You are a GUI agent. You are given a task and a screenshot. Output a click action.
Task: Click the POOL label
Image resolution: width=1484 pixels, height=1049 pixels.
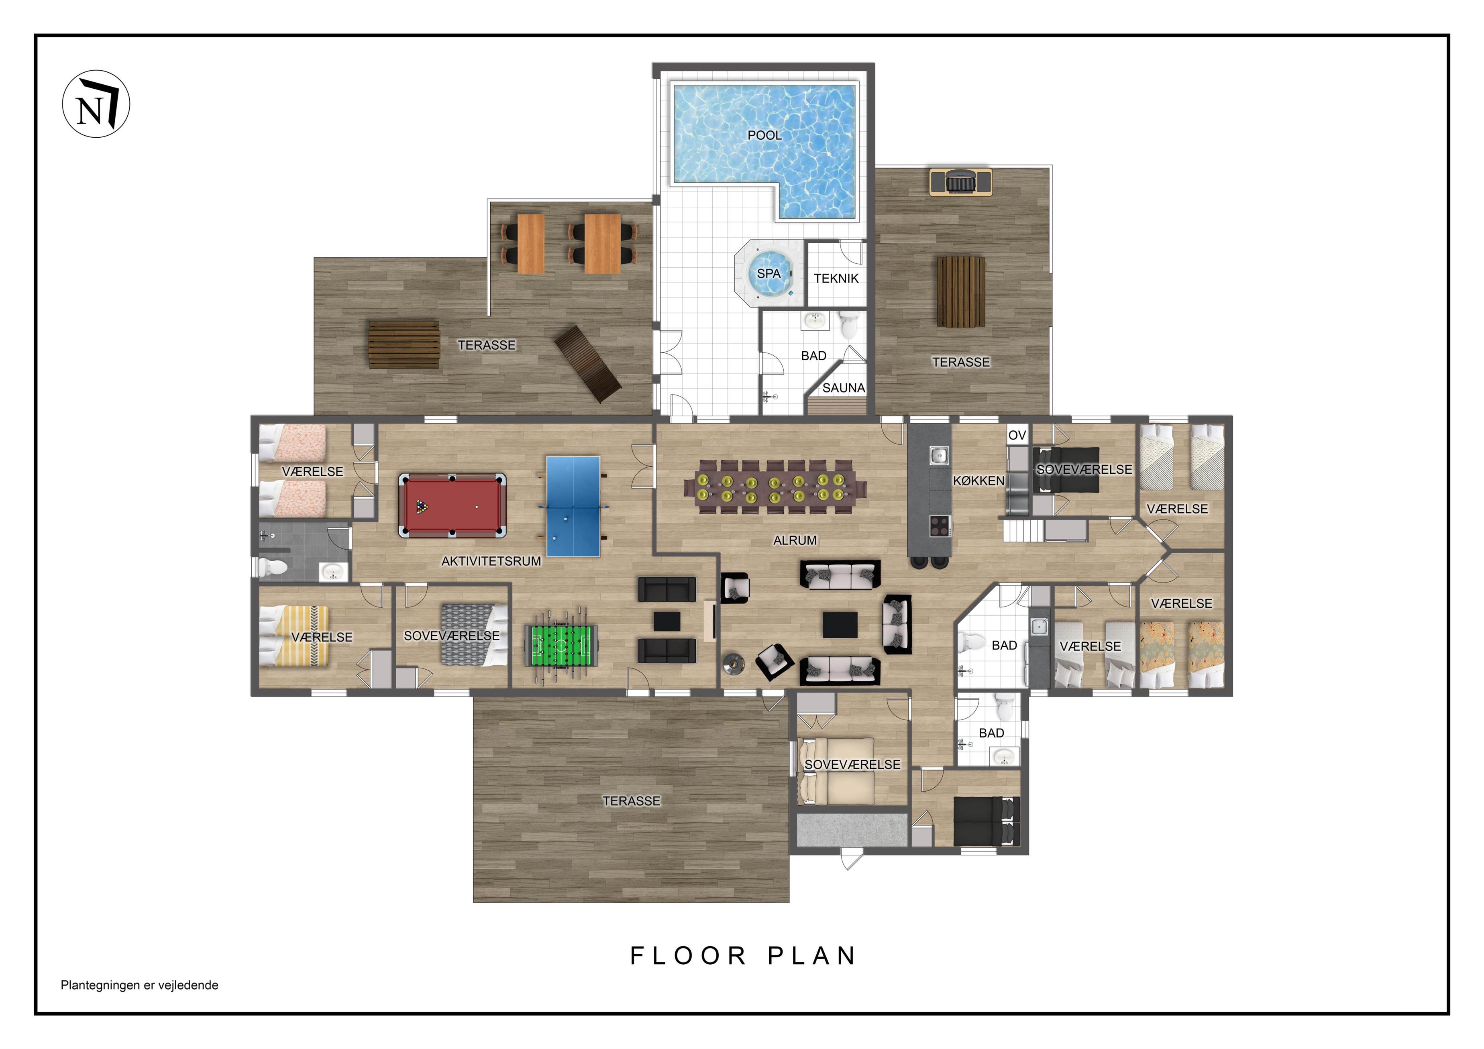point(764,135)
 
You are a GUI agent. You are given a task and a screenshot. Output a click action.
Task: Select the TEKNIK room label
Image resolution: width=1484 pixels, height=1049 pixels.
point(836,279)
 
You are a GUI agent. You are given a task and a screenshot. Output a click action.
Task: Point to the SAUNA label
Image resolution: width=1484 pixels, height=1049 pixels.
point(844,388)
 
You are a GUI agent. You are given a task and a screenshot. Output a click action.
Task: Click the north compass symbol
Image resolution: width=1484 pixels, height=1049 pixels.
point(96,104)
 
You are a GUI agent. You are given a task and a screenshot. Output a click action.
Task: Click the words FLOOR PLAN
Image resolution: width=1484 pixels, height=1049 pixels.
point(743,956)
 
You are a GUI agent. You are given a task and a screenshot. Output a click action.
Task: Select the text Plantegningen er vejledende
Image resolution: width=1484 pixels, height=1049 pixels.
point(140,985)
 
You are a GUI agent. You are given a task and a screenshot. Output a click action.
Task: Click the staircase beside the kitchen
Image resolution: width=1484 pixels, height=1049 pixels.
point(1024,531)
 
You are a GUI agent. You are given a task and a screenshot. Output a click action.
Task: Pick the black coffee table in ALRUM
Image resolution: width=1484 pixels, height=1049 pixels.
point(840,625)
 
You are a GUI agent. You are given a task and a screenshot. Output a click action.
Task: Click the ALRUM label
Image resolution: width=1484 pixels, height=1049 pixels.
point(795,540)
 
